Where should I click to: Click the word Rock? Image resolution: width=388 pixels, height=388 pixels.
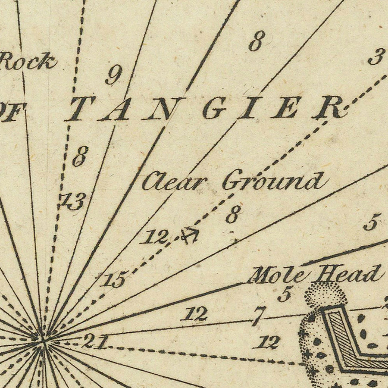28,62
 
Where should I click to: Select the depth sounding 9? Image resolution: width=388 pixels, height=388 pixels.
113,76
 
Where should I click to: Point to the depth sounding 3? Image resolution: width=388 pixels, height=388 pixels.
376,57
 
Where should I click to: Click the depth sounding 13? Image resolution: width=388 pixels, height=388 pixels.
73,201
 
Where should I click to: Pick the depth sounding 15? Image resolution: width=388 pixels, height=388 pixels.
114,280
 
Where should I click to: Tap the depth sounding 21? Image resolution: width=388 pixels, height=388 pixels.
94,341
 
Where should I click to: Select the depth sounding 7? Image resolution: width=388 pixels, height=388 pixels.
258,316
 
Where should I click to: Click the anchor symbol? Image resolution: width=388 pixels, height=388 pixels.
190,235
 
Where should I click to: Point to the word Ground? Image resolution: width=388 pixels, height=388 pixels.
272,181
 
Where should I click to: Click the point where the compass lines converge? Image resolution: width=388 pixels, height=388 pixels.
43,340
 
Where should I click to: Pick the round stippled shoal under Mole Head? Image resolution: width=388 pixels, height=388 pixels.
325,295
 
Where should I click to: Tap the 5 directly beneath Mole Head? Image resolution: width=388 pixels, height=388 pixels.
284,294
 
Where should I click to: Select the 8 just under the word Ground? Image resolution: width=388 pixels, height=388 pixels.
233,215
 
